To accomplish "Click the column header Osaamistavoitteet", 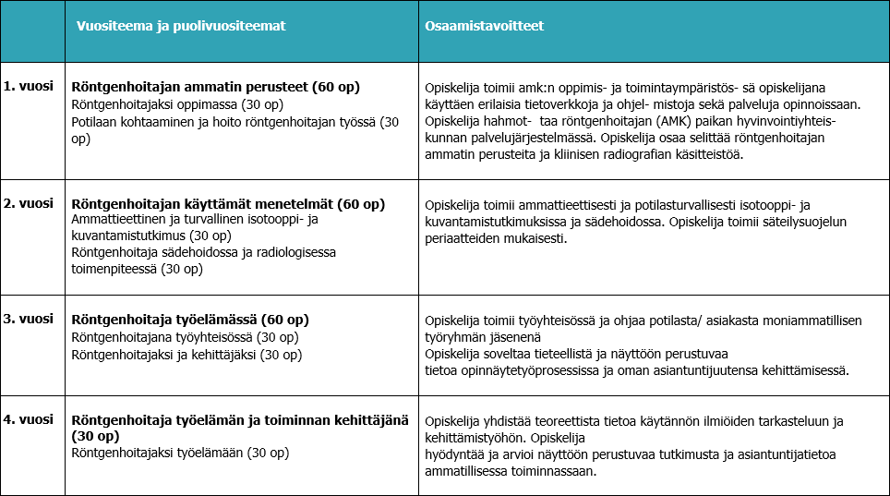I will tap(485, 26).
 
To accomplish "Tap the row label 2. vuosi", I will tap(27, 202).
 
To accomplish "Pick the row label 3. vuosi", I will tap(27, 319).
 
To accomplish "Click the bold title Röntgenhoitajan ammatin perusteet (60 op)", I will tap(215, 87).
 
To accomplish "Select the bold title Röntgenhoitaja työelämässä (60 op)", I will tap(190, 321).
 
